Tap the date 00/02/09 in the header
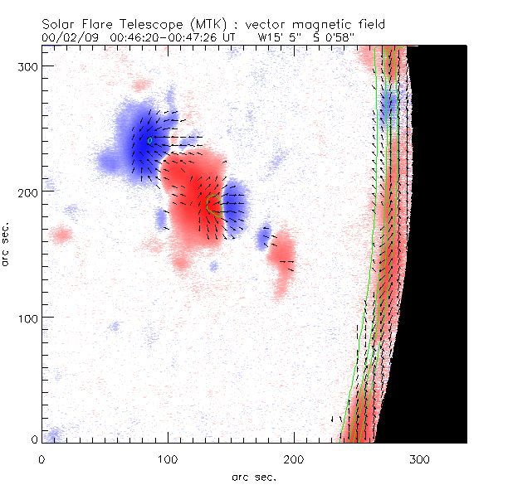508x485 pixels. (67, 38)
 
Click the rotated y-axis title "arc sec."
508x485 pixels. (7, 243)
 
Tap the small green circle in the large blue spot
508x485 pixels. (149, 141)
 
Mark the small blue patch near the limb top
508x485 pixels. (388, 105)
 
